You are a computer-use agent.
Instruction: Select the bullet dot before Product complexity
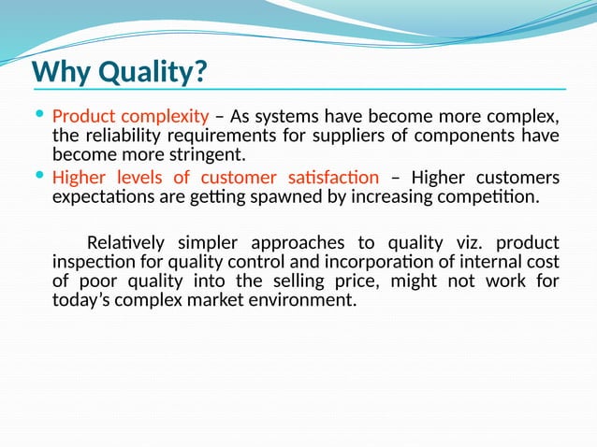(x=38, y=115)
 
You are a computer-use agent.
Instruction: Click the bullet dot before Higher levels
(x=38, y=176)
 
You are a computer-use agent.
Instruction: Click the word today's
(x=82, y=300)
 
